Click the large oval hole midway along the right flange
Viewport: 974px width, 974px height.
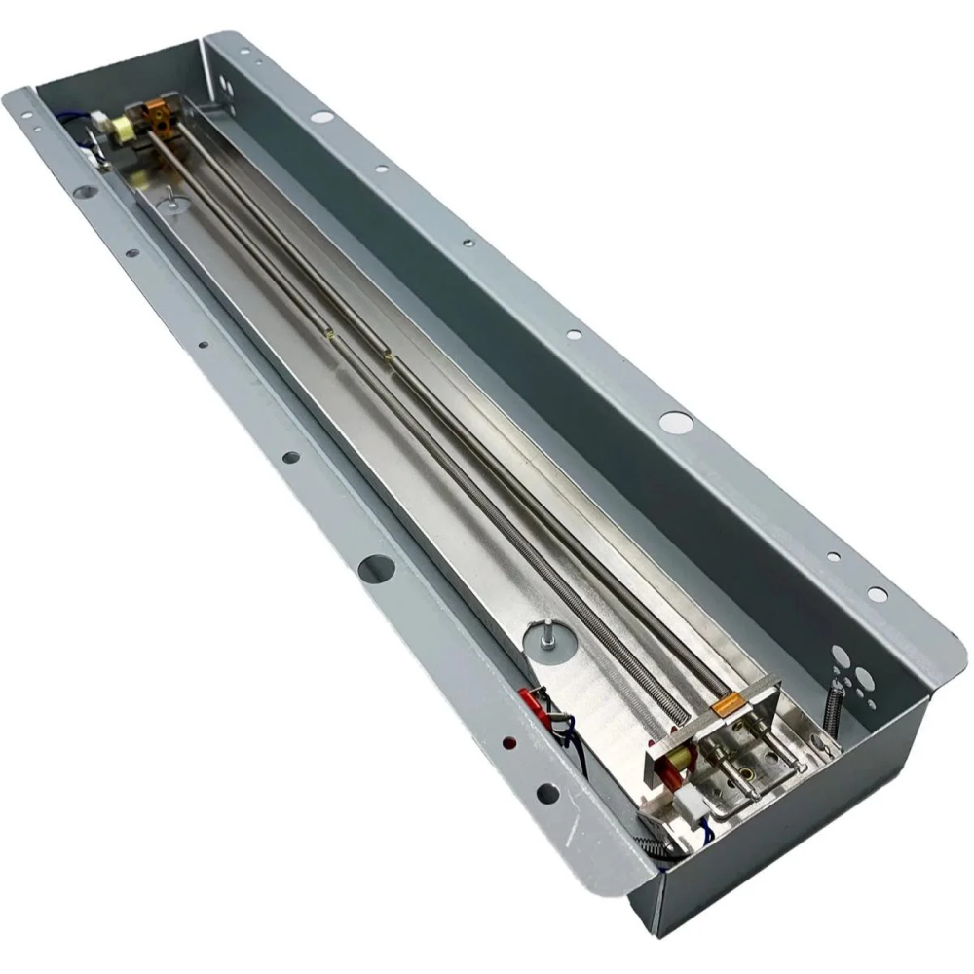[x=674, y=422]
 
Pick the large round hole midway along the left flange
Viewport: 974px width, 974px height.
[x=375, y=566]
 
